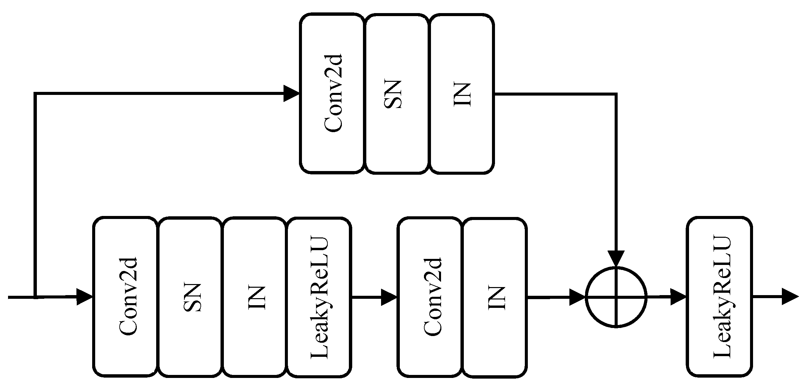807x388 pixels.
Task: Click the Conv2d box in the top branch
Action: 332,94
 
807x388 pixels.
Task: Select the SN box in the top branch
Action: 396,94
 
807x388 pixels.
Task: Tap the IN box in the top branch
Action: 462,94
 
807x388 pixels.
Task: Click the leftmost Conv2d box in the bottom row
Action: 125,297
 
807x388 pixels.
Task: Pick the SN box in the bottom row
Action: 190,297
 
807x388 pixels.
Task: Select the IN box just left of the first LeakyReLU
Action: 254,297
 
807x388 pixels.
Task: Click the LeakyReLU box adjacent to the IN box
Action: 319,297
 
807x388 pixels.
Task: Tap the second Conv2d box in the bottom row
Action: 430,297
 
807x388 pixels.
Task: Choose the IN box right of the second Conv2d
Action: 495,297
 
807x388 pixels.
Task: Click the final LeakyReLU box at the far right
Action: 719,297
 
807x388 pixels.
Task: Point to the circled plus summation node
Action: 616,297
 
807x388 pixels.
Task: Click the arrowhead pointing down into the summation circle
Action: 616,259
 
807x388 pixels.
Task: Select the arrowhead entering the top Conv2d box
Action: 291,94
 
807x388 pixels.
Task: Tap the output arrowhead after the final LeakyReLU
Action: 790,297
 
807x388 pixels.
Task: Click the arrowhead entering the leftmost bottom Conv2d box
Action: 84,297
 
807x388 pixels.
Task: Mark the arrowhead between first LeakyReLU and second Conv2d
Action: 389,297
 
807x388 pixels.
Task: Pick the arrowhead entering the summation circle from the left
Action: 577,297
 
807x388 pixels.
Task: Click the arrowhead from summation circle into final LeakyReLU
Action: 678,297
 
